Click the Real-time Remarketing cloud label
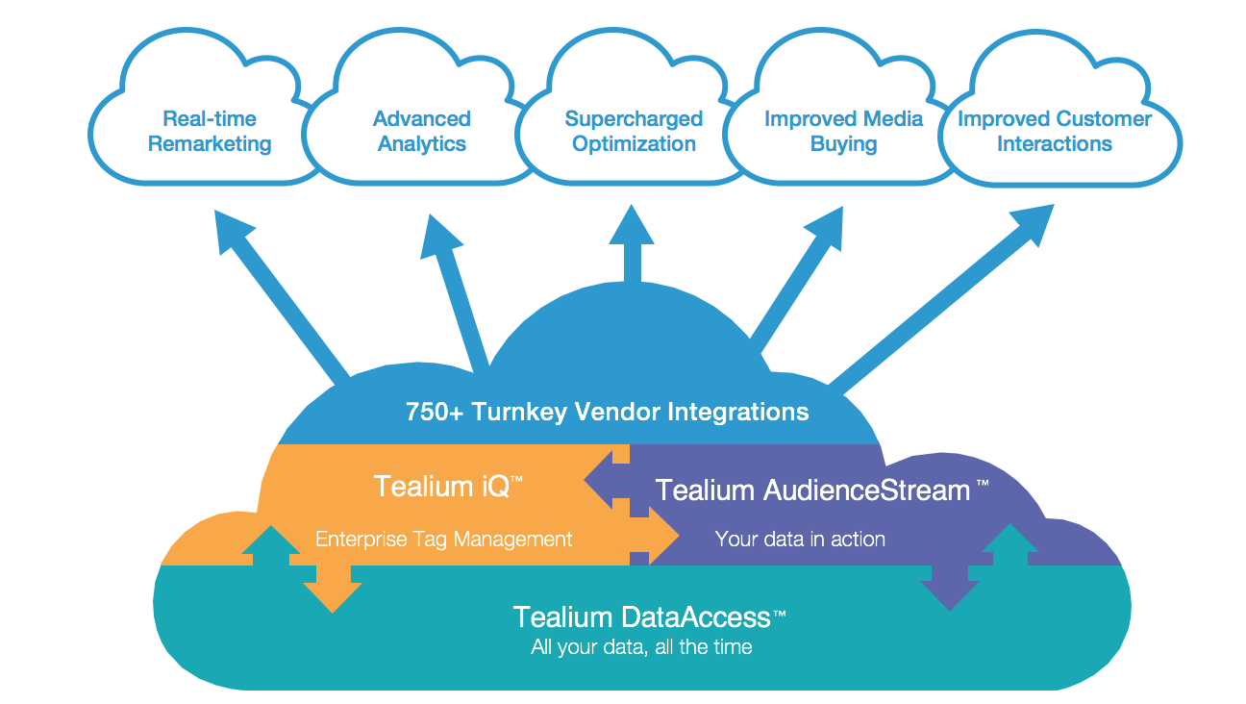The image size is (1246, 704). pos(210,132)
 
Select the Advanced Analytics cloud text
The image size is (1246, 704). pos(421,132)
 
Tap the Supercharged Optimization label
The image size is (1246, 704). pos(634,132)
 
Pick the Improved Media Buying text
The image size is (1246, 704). pos(843,132)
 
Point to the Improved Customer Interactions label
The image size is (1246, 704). pos(1054,132)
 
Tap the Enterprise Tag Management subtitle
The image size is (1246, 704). pos(444,539)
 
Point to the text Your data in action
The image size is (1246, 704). pos(800,539)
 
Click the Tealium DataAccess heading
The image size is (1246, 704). pos(650,616)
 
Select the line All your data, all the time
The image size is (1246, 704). pos(641,647)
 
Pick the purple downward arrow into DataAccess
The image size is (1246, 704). pos(949,591)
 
